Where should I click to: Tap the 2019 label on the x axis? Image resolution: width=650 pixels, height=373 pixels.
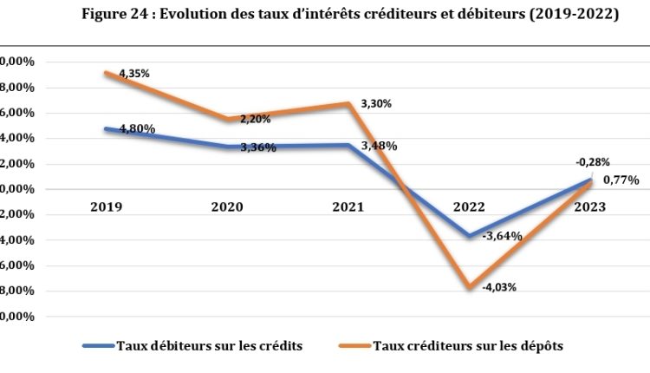(x=105, y=207)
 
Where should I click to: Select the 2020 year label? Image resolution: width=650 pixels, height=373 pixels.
(x=227, y=207)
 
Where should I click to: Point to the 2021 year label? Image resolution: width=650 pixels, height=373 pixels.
(x=348, y=207)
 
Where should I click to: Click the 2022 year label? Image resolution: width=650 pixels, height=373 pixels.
(x=470, y=207)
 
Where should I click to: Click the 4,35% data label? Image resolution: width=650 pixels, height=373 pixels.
(x=134, y=74)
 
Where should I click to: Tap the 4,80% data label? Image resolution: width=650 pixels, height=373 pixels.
(x=138, y=128)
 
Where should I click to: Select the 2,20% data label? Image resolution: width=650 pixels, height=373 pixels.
(x=256, y=119)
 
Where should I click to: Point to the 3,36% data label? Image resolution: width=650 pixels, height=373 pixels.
(x=258, y=147)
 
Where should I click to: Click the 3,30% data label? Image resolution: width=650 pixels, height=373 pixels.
(x=376, y=103)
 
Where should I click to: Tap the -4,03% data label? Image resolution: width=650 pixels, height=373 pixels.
(x=499, y=286)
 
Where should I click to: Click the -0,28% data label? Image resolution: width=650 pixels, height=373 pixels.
(x=592, y=161)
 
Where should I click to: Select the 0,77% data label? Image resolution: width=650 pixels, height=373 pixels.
(x=621, y=180)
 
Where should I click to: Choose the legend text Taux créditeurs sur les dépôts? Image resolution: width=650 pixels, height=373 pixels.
(x=467, y=346)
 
